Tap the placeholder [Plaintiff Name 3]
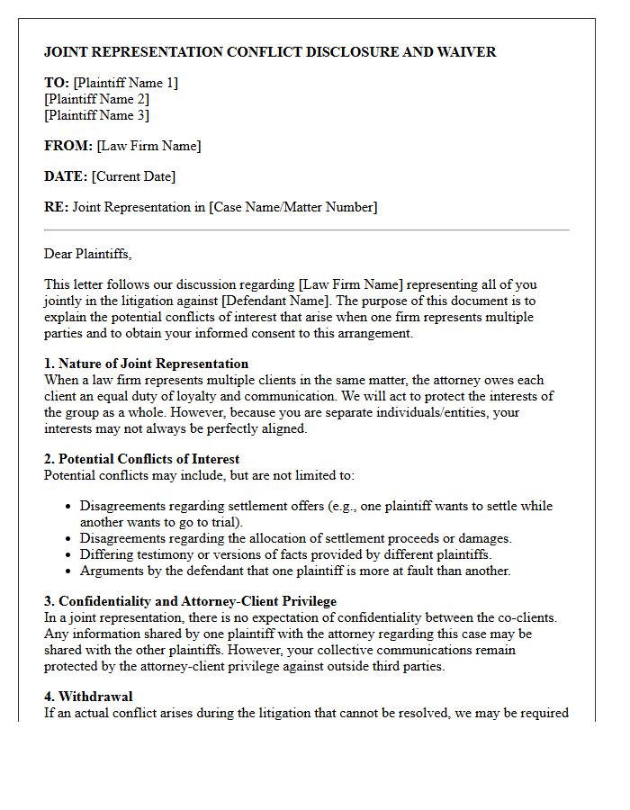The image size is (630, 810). pyautogui.click(x=96, y=115)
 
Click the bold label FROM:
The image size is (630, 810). pyautogui.click(x=68, y=146)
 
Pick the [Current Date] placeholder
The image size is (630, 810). pyautogui.click(x=134, y=176)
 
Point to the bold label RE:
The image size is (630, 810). pyautogui.click(x=56, y=207)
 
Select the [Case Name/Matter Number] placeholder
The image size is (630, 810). pyautogui.click(x=292, y=207)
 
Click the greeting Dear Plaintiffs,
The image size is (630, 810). pyautogui.click(x=87, y=254)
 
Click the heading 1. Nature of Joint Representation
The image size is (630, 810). pyautogui.click(x=146, y=364)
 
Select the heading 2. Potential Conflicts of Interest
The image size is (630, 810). pyautogui.click(x=141, y=459)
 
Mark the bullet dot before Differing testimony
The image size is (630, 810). pyautogui.click(x=67, y=554)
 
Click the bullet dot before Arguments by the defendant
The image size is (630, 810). pyautogui.click(x=67, y=571)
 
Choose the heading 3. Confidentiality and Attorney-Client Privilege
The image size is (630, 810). pyautogui.click(x=190, y=601)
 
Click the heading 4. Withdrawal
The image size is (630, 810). pyautogui.click(x=88, y=697)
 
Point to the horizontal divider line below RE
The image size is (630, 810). pyautogui.click(x=306, y=230)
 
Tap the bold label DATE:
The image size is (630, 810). pyautogui.click(x=66, y=176)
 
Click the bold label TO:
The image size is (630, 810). pyautogui.click(x=57, y=83)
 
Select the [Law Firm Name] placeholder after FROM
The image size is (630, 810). pyautogui.click(x=148, y=146)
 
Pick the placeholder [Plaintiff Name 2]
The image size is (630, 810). pyautogui.click(x=96, y=99)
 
